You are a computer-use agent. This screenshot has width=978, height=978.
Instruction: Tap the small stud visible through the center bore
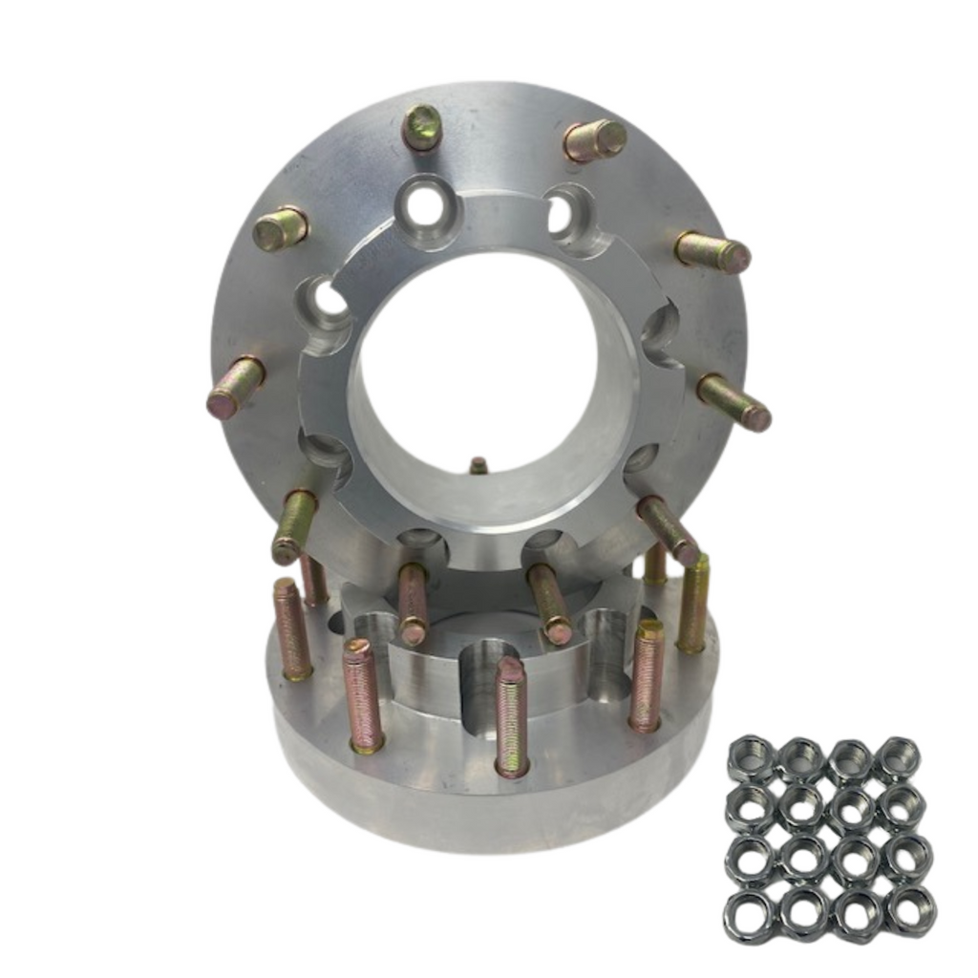click(478, 466)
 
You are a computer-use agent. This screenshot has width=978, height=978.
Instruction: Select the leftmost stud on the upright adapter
click(235, 388)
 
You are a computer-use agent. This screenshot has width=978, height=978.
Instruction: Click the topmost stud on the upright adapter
click(421, 127)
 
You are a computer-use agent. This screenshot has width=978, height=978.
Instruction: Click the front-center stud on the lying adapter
click(512, 716)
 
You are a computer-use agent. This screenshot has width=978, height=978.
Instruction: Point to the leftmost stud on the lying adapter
click(292, 629)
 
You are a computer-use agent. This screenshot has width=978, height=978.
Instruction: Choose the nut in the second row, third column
click(849, 808)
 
